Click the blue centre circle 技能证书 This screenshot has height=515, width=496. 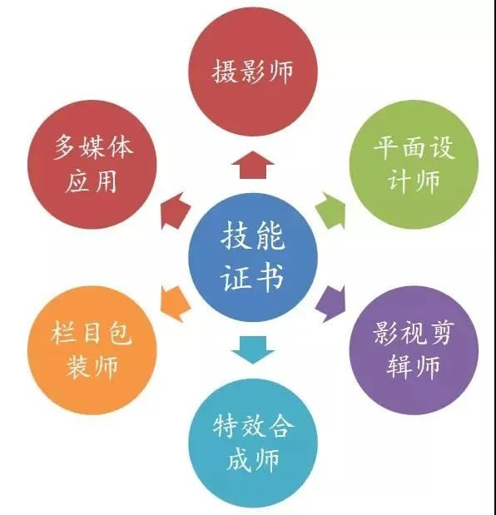tap(253, 258)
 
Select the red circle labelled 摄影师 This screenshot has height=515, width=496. tap(253, 72)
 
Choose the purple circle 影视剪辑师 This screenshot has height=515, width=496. tap(414, 350)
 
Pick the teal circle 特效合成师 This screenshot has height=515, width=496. tap(253, 443)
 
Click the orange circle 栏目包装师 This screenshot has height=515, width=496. tap(92, 350)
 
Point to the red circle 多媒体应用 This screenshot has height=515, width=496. tap(92, 165)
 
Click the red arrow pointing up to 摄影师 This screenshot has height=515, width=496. tap(253, 166)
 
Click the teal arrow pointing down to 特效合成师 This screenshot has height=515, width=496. tap(253, 349)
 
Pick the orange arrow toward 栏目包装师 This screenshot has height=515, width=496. tap(174, 305)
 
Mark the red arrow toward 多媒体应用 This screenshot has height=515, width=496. tap(174, 210)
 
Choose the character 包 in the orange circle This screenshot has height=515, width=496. tap(119, 333)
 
